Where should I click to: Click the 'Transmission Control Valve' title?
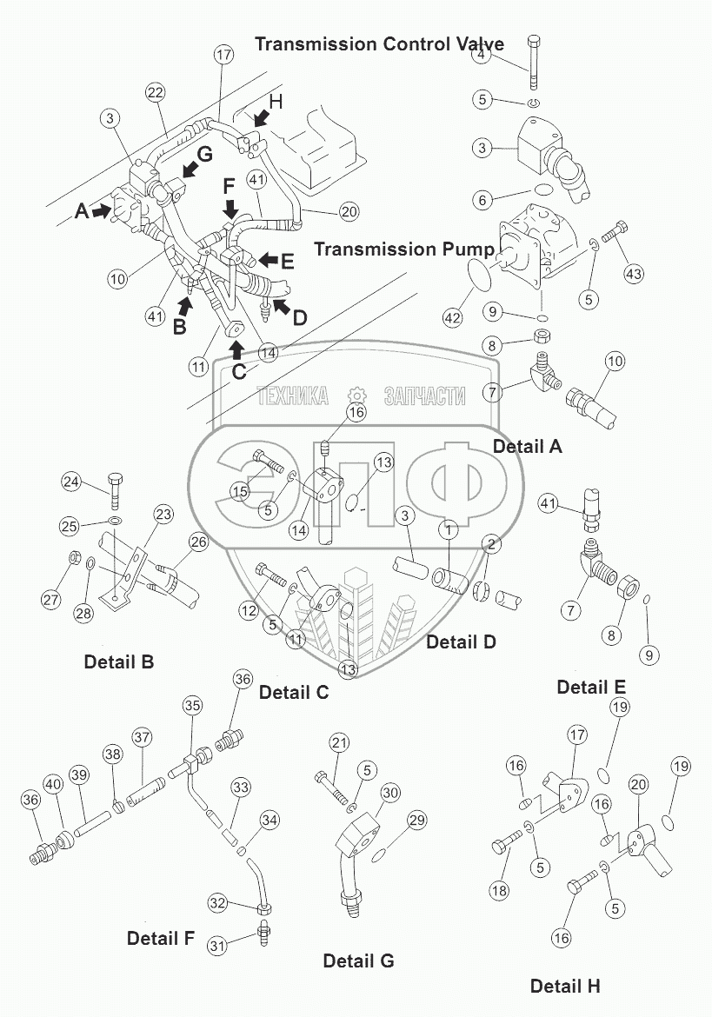(x=379, y=44)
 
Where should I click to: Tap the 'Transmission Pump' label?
(x=403, y=249)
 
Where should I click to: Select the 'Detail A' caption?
(x=528, y=447)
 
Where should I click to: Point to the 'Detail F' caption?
(x=161, y=938)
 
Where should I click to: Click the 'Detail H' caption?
(x=565, y=986)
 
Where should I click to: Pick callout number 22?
(x=155, y=93)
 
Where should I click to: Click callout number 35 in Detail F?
(x=192, y=705)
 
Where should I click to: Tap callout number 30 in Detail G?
(x=390, y=793)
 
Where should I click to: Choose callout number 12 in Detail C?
(x=250, y=611)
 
